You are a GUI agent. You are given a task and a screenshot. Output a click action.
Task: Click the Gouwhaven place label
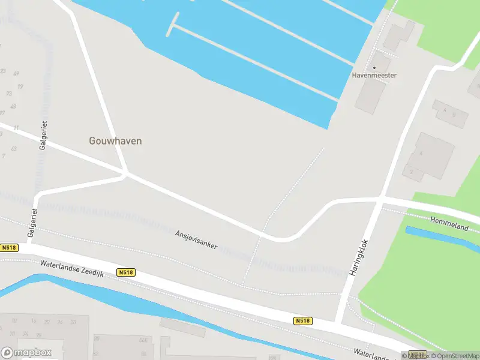point(116,142)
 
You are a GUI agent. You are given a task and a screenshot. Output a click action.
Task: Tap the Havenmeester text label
point(374,76)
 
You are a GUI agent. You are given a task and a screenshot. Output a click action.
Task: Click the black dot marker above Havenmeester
point(374,67)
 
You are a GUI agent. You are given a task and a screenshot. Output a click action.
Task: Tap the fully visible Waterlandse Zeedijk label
point(72,268)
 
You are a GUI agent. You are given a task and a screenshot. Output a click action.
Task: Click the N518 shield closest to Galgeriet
point(9,247)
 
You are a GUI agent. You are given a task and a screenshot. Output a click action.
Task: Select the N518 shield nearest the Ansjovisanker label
point(126,272)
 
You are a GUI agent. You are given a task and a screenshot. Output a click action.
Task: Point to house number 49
point(16,74)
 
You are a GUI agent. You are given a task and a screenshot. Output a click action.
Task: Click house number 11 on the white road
point(16,128)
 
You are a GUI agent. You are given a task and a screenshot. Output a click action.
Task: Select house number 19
point(20,86)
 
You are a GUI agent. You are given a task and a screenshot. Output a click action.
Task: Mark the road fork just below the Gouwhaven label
point(126,173)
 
